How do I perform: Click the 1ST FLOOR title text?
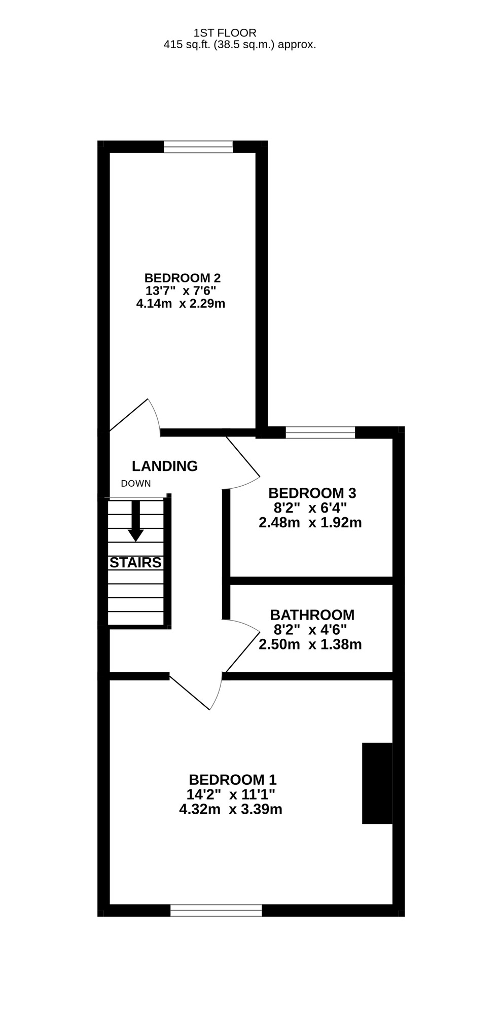[x=225, y=33]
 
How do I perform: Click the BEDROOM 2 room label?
[x=183, y=278]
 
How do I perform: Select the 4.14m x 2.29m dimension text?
[x=181, y=304]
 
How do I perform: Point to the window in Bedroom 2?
[x=198, y=147]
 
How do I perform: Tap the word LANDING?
[x=165, y=466]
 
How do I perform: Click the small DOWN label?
[x=136, y=484]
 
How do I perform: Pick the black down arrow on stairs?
[x=135, y=521]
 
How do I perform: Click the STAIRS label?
[x=135, y=562]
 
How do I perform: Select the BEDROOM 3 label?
[x=312, y=493]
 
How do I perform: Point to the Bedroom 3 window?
[x=320, y=432]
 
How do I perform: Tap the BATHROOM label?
[x=312, y=615]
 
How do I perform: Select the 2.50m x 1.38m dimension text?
[x=310, y=644]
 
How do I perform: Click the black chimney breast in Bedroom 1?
[x=377, y=783]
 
